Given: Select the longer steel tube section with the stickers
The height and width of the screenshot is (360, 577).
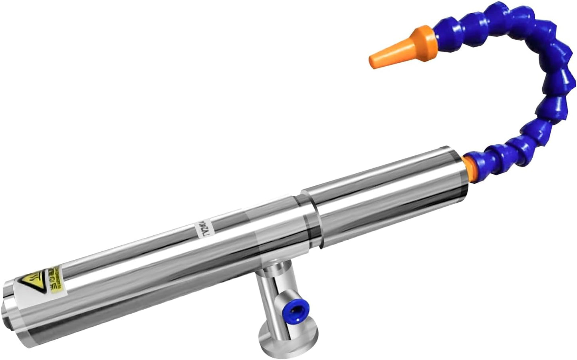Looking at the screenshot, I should (160, 260).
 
